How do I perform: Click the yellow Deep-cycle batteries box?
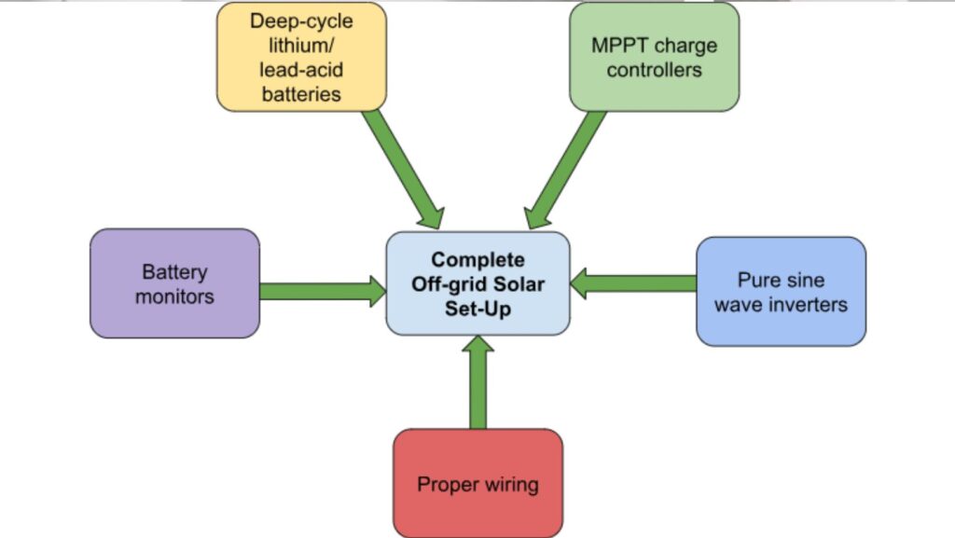[x=301, y=57]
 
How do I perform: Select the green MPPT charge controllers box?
[x=654, y=57]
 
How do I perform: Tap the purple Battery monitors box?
[x=174, y=283]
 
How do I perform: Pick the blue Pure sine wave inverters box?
[x=781, y=292]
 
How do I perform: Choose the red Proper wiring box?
[x=477, y=483]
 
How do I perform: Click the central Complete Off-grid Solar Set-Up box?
[x=477, y=283]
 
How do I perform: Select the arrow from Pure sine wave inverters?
[x=633, y=283]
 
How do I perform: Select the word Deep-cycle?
[x=301, y=21]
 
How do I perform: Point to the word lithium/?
[x=301, y=46]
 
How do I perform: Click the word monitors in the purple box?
[x=174, y=297]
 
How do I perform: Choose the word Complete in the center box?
[x=477, y=260]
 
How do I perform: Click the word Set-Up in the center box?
[x=477, y=308]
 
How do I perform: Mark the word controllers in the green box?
[x=654, y=70]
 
